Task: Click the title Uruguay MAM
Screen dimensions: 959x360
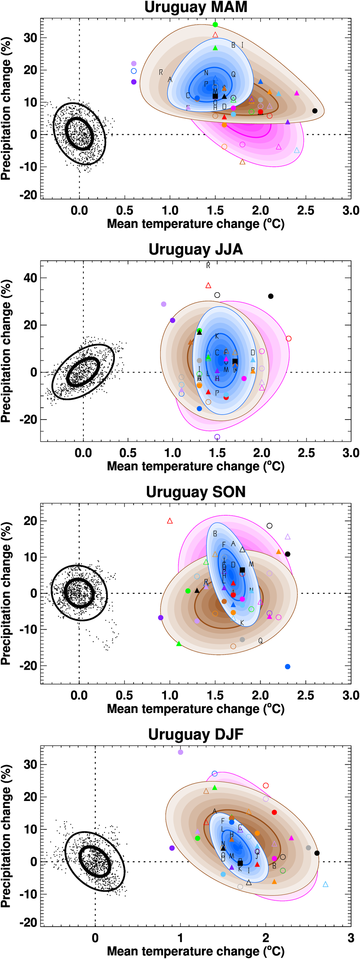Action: pyautogui.click(x=195, y=8)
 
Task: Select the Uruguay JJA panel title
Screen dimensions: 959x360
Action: pyautogui.click(x=195, y=249)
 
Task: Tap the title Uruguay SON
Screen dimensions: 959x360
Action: pyautogui.click(x=195, y=492)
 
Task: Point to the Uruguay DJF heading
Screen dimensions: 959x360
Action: pyautogui.click(x=195, y=734)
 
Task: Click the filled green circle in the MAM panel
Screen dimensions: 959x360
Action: pyautogui.click(x=215, y=24)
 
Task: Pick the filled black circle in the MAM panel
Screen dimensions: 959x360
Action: pyautogui.click(x=315, y=110)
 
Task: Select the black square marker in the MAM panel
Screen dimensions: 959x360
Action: pyautogui.click(x=215, y=96)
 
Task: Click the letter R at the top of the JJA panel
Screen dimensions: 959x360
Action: pyautogui.click(x=208, y=265)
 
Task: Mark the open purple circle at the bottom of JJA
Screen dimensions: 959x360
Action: pyautogui.click(x=217, y=437)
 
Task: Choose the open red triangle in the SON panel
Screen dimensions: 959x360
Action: pyautogui.click(x=170, y=521)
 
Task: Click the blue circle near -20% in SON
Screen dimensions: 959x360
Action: pyautogui.click(x=287, y=666)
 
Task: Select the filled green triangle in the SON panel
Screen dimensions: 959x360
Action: pyautogui.click(x=179, y=644)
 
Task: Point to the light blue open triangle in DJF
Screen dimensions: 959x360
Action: pyautogui.click(x=325, y=884)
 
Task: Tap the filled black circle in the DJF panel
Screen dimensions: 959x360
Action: pyautogui.click(x=317, y=853)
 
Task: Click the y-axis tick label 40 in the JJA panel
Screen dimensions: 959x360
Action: pyautogui.click(x=30, y=278)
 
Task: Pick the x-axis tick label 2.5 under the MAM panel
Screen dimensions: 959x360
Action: pyautogui.click(x=306, y=211)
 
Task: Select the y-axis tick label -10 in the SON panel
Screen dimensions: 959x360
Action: pyautogui.click(x=28, y=629)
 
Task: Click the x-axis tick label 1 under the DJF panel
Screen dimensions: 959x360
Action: pyautogui.click(x=180, y=938)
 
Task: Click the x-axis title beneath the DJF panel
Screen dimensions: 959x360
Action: pyautogui.click(x=195, y=951)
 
